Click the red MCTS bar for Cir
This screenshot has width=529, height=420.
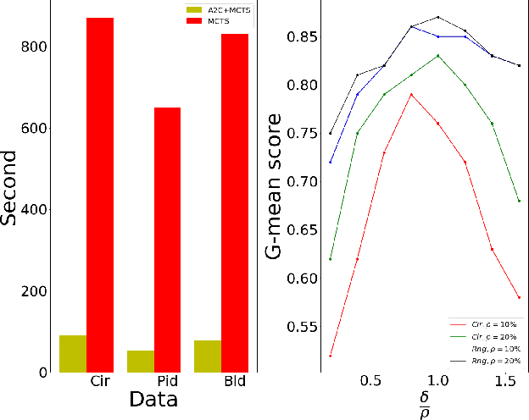(x=100, y=195)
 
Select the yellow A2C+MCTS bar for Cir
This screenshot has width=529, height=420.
(x=73, y=354)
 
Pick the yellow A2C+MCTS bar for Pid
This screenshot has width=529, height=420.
(x=140, y=362)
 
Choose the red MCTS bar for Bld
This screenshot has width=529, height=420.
(x=235, y=203)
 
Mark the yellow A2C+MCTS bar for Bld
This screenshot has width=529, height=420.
(x=208, y=356)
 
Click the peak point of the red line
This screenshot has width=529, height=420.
(x=411, y=94)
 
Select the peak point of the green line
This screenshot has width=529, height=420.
(x=438, y=56)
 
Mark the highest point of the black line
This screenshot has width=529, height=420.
(x=438, y=17)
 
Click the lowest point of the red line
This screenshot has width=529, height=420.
(x=331, y=356)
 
